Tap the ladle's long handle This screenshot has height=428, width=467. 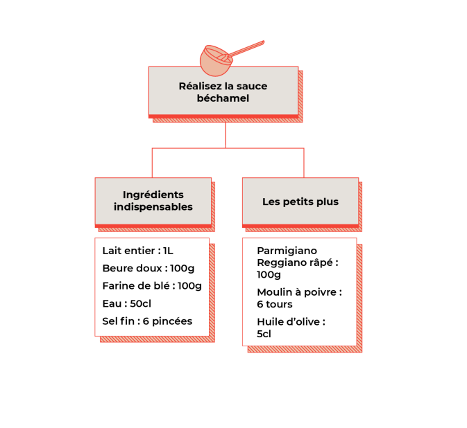pyautogui.click(x=246, y=49)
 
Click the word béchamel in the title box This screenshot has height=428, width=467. pyautogui.click(x=223, y=98)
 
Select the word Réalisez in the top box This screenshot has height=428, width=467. pyautogui.click(x=200, y=86)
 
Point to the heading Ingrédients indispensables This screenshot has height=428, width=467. pyautogui.click(x=153, y=201)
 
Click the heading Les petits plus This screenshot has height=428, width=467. pyautogui.click(x=300, y=202)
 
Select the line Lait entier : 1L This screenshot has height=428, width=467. pyautogui.click(x=137, y=251)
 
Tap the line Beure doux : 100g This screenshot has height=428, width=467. pyautogui.click(x=148, y=269)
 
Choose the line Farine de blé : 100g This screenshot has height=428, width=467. pyautogui.click(x=152, y=286)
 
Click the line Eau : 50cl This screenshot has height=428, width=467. pyautogui.click(x=126, y=304)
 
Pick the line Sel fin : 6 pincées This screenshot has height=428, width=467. pyautogui.click(x=147, y=321)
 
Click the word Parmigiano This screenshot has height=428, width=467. pyautogui.click(x=287, y=251)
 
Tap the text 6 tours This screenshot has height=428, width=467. pyautogui.click(x=275, y=304)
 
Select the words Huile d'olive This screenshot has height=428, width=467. pyautogui.click(x=288, y=321)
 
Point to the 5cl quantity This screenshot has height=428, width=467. pyautogui.click(x=264, y=334)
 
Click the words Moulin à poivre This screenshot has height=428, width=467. pyautogui.click(x=296, y=292)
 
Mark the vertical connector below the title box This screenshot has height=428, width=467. pyautogui.click(x=226, y=135)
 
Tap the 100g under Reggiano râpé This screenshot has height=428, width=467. pyautogui.click(x=269, y=275)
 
